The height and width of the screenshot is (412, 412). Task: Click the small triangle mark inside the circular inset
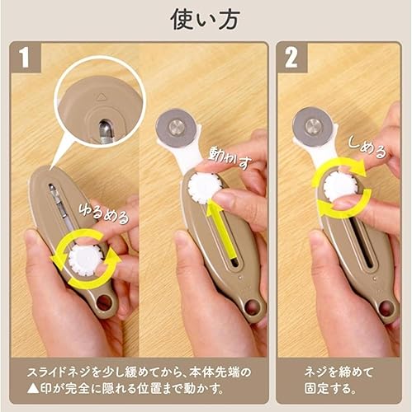pos(102,96)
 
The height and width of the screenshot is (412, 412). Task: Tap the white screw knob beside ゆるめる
pos(85,259)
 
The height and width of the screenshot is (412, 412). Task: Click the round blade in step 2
pos(311,126)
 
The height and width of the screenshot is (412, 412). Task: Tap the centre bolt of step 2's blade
pos(311,126)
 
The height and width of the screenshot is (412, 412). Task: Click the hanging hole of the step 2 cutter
pos(385,308)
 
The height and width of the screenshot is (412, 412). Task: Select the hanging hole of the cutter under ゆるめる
pos(105,307)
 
